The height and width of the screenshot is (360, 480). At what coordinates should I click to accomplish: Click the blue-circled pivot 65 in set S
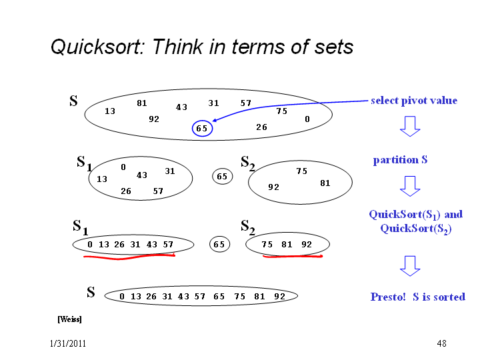[202, 128]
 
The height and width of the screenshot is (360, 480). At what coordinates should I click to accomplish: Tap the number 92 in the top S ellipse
[154, 119]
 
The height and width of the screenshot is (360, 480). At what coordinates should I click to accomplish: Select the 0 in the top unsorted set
[307, 119]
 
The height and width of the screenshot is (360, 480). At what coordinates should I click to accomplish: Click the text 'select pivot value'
[414, 101]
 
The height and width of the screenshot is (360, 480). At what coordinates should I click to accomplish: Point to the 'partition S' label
[400, 159]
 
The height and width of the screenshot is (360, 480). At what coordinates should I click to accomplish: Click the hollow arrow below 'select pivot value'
[410, 126]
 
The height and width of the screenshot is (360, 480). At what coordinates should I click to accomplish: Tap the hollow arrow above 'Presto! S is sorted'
[410, 266]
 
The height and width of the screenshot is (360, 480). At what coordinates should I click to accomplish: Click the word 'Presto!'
[388, 297]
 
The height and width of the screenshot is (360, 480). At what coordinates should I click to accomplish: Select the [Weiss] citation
[69, 319]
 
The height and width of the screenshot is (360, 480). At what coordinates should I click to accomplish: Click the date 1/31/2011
[67, 343]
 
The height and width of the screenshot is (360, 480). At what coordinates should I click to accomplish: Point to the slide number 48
[441, 343]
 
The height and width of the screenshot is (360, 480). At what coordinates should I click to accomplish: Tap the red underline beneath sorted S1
[129, 257]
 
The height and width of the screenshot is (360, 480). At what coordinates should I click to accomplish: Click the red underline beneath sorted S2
[293, 257]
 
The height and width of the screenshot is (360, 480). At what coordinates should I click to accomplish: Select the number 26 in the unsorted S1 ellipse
[126, 191]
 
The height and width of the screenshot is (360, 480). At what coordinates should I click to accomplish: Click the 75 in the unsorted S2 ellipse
[301, 171]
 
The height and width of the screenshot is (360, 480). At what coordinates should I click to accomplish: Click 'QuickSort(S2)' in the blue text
[416, 229]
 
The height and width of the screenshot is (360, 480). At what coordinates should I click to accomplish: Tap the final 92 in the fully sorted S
[279, 296]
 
